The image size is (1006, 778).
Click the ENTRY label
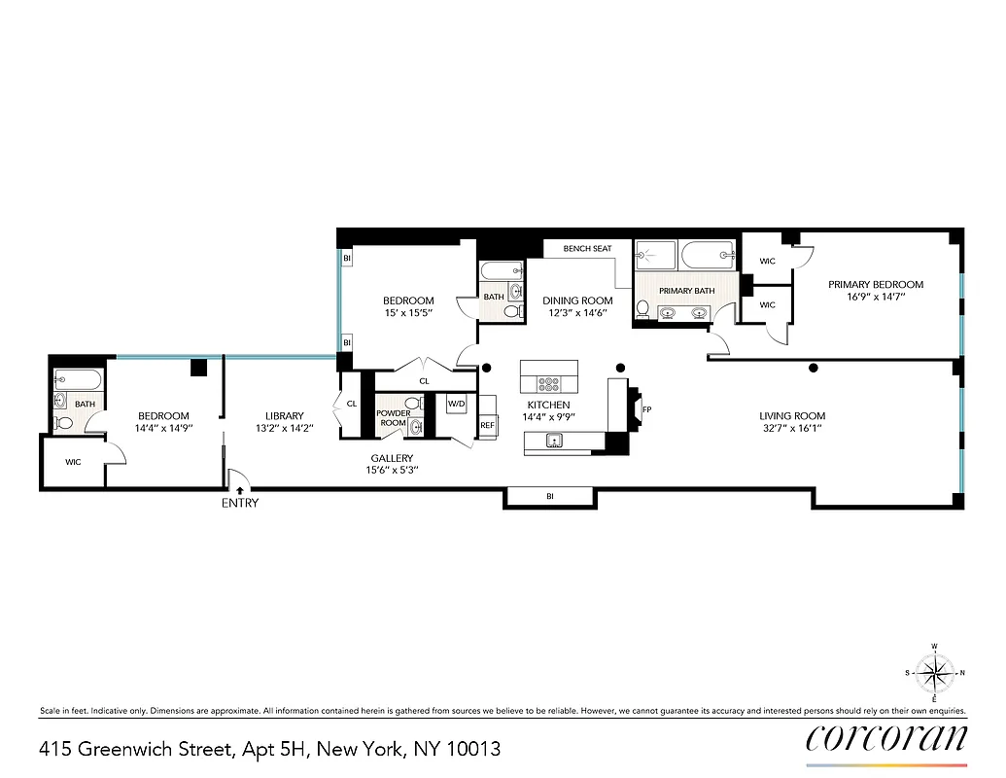(x=240, y=503)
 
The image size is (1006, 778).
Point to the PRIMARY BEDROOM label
(x=875, y=285)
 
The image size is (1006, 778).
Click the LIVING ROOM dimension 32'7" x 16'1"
(x=792, y=429)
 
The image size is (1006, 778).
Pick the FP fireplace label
(x=646, y=409)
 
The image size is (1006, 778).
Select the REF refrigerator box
(x=487, y=425)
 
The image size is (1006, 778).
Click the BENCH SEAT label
(x=587, y=249)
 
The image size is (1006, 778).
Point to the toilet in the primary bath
(x=642, y=309)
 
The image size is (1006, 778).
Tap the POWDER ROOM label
(x=394, y=418)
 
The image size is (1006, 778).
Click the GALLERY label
(x=392, y=458)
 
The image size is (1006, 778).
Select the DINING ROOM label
(x=577, y=301)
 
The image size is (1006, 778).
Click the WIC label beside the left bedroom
(x=73, y=462)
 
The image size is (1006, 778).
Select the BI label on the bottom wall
(x=549, y=497)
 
